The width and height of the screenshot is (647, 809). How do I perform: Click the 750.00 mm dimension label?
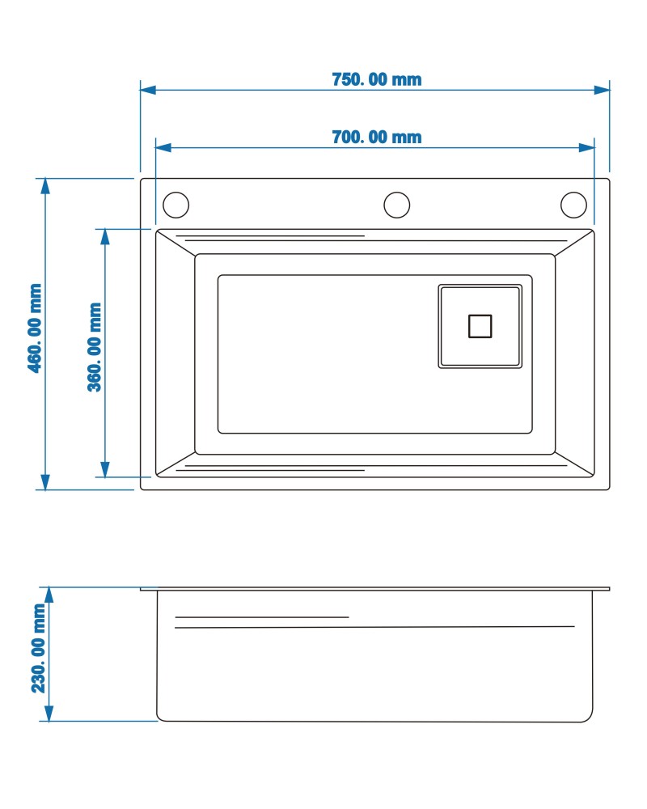pos(377,79)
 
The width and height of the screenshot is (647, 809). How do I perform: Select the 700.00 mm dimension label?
pos(377,138)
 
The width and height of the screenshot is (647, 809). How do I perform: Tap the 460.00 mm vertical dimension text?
pos(35,328)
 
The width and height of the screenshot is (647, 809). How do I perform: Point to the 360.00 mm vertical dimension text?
pos(95,347)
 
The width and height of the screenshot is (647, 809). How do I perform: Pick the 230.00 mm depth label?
pos(39,649)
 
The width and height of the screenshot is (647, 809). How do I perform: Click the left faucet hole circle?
pos(176,205)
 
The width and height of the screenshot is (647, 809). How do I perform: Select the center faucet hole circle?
pos(397,205)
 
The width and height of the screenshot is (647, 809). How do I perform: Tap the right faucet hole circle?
pos(573,205)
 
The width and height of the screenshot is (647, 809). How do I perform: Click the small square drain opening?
pos(480,326)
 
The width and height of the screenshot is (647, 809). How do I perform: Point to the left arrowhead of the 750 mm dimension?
pos(148,90)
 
